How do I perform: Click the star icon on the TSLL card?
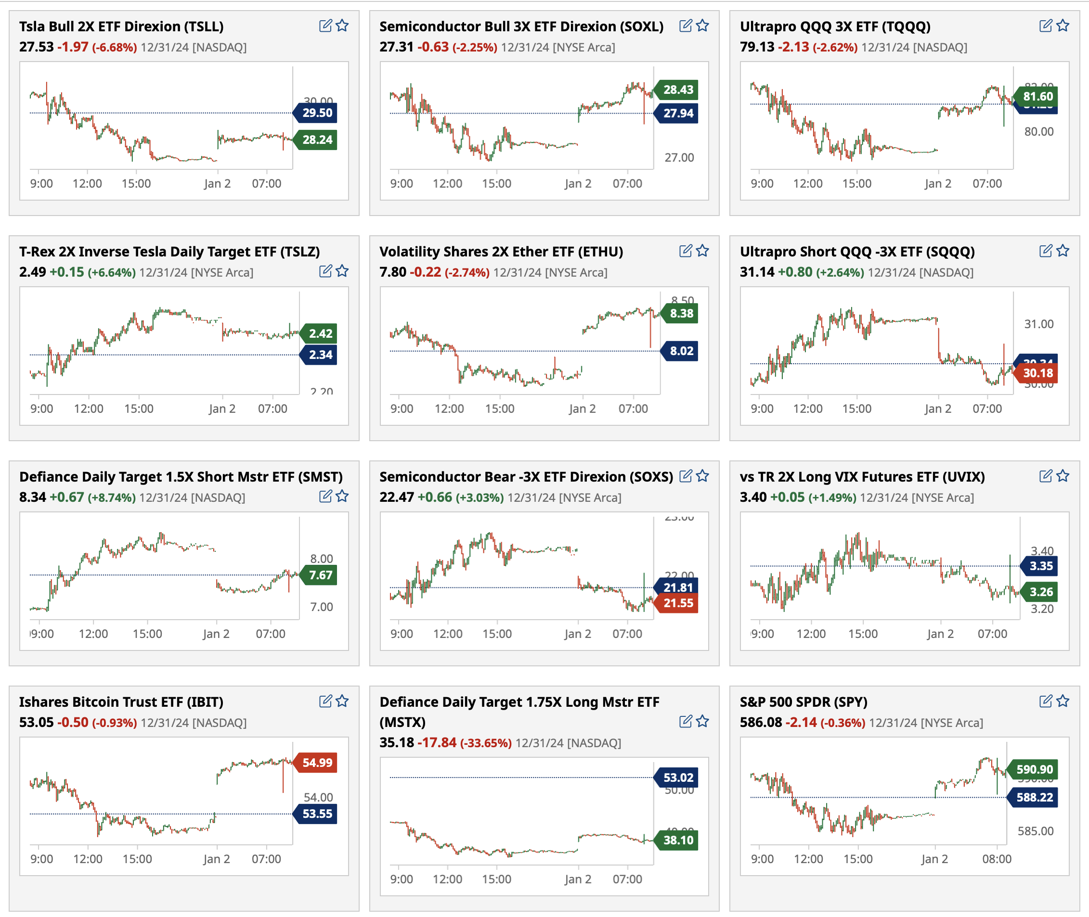click(x=342, y=25)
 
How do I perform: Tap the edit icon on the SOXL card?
click(x=686, y=25)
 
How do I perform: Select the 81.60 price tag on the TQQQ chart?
click(x=1037, y=96)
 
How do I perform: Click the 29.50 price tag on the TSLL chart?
click(x=317, y=113)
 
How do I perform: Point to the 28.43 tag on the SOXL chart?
click(x=678, y=89)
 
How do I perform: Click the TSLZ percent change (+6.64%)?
click(x=111, y=272)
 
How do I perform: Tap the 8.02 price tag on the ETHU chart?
click(x=681, y=351)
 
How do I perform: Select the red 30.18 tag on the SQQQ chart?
click(x=1037, y=373)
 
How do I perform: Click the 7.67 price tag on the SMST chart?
click(x=320, y=575)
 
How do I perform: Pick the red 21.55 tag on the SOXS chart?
click(x=678, y=603)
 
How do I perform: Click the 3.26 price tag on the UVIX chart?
click(x=1041, y=592)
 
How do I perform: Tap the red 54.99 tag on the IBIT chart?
click(x=317, y=763)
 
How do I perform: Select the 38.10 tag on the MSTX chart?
click(x=678, y=840)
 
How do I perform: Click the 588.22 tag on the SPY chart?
click(x=1034, y=797)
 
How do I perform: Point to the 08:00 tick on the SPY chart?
click(x=997, y=859)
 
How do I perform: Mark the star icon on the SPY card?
click(x=1063, y=701)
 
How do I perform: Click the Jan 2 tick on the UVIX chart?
click(x=940, y=634)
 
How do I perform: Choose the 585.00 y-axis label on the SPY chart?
click(x=1036, y=831)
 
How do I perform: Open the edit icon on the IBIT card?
click(x=325, y=701)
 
